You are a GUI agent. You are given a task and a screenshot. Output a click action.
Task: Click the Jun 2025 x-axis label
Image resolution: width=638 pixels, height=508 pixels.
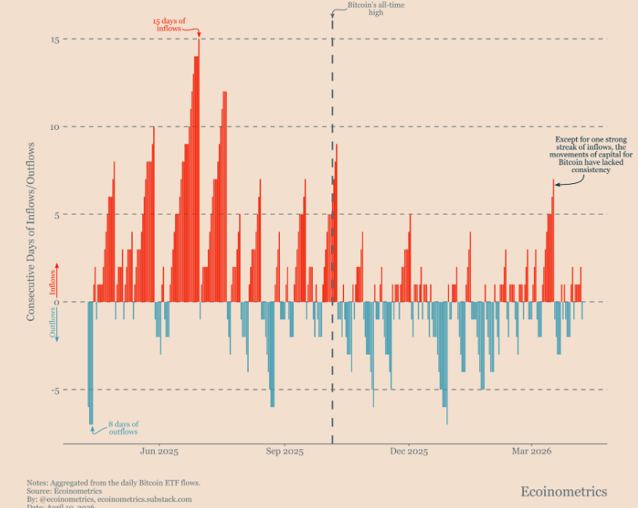pyautogui.click(x=159, y=452)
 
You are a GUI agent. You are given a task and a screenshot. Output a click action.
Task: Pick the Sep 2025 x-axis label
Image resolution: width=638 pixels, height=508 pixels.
pyautogui.click(x=284, y=452)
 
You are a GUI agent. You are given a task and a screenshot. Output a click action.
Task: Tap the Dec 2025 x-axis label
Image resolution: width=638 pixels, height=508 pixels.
pyautogui.click(x=408, y=452)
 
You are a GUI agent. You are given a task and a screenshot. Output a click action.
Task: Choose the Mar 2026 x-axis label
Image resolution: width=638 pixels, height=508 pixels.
pyautogui.click(x=532, y=452)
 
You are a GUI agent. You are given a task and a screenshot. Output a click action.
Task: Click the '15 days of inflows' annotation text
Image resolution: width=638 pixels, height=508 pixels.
pyautogui.click(x=168, y=24)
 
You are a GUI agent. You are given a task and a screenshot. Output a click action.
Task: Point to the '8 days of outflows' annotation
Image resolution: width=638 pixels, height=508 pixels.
pyautogui.click(x=123, y=428)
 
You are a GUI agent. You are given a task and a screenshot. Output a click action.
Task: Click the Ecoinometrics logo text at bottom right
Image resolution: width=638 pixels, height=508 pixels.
pyautogui.click(x=563, y=492)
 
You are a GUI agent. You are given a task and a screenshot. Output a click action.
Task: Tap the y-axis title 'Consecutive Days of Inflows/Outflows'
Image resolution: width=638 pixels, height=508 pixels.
pyautogui.click(x=32, y=231)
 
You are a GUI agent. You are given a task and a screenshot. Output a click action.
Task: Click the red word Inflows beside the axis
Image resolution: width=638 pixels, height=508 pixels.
pyautogui.click(x=53, y=283)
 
